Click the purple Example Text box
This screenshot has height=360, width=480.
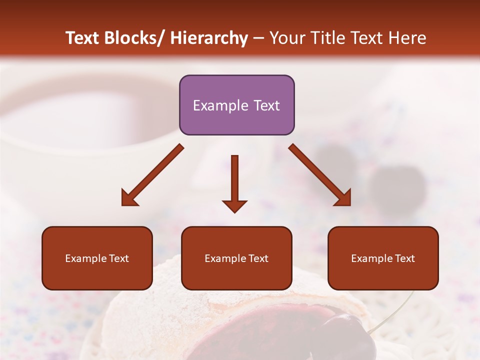(x=236, y=105)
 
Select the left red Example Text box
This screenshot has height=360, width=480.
(x=97, y=258)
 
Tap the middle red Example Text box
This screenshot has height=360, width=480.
(x=236, y=258)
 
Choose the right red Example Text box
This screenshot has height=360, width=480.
(x=383, y=258)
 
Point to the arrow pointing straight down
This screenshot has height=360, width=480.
(x=234, y=183)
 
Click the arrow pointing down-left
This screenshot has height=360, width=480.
(x=152, y=175)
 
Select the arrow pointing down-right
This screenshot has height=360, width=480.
(x=320, y=175)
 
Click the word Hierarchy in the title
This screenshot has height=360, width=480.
(x=209, y=38)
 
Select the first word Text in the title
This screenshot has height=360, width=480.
(x=83, y=38)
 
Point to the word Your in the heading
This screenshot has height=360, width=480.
(x=287, y=38)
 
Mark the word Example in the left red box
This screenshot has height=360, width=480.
(x=85, y=258)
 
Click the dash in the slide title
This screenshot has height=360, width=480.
(x=258, y=38)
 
